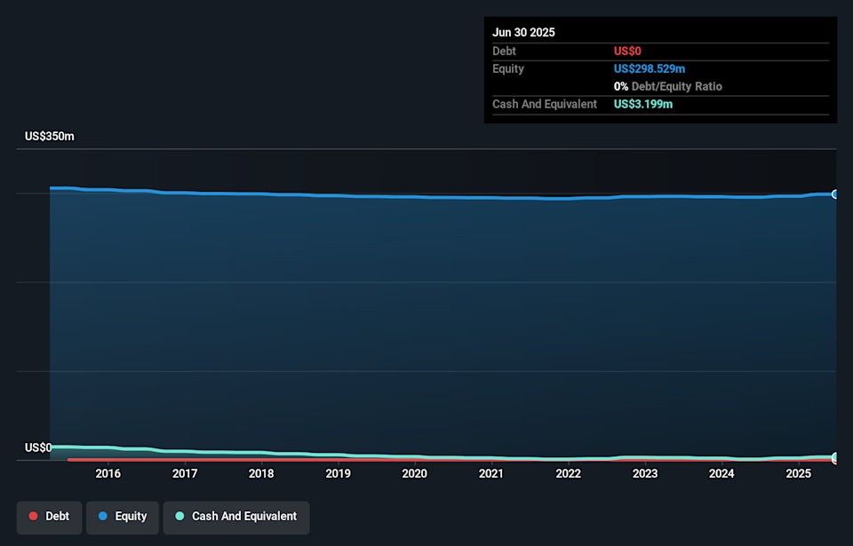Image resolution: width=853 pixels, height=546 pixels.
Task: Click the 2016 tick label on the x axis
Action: pyautogui.click(x=108, y=474)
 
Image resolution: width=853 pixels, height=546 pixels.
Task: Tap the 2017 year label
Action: pyautogui.click(x=185, y=474)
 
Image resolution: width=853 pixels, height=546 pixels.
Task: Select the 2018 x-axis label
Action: pyautogui.click(x=261, y=474)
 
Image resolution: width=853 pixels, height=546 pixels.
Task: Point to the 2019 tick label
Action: pyautogui.click(x=338, y=474)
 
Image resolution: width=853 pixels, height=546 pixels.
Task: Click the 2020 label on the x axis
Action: pyautogui.click(x=414, y=474)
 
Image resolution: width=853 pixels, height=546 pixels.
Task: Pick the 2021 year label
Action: pyautogui.click(x=491, y=474)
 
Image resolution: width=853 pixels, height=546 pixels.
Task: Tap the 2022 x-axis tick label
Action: pyautogui.click(x=568, y=474)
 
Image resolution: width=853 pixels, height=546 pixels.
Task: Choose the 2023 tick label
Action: pyautogui.click(x=645, y=474)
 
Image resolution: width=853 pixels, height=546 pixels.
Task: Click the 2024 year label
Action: pyautogui.click(x=721, y=474)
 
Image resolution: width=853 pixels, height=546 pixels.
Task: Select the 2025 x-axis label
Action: pyautogui.click(x=798, y=474)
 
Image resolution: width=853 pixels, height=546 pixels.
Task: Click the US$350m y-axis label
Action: pyautogui.click(x=50, y=137)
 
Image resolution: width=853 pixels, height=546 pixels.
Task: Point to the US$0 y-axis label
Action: pyautogui.click(x=38, y=447)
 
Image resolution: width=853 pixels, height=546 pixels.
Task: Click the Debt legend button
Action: pyautogui.click(x=50, y=517)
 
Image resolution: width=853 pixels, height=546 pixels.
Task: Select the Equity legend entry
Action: pyautogui.click(x=123, y=517)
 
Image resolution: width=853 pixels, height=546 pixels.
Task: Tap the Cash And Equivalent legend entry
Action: pyautogui.click(x=236, y=517)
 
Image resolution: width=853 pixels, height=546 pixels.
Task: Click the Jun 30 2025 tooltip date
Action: pyautogui.click(x=524, y=32)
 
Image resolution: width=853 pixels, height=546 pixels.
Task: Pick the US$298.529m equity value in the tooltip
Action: pyautogui.click(x=650, y=68)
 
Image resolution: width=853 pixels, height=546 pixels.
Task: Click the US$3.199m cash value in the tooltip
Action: pyautogui.click(x=643, y=104)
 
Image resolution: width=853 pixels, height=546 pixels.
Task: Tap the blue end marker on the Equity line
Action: pyautogui.click(x=835, y=194)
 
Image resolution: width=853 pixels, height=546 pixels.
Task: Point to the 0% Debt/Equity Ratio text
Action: pyautogui.click(x=668, y=86)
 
